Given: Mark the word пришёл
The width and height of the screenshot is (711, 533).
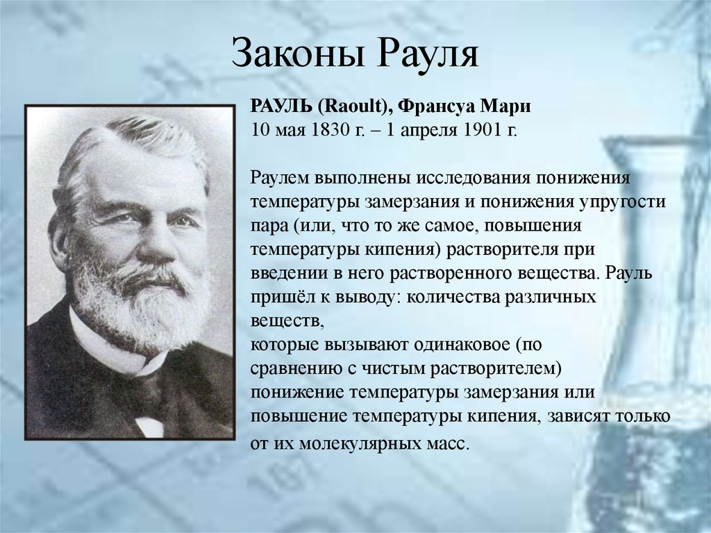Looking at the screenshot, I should pos(280,297).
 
